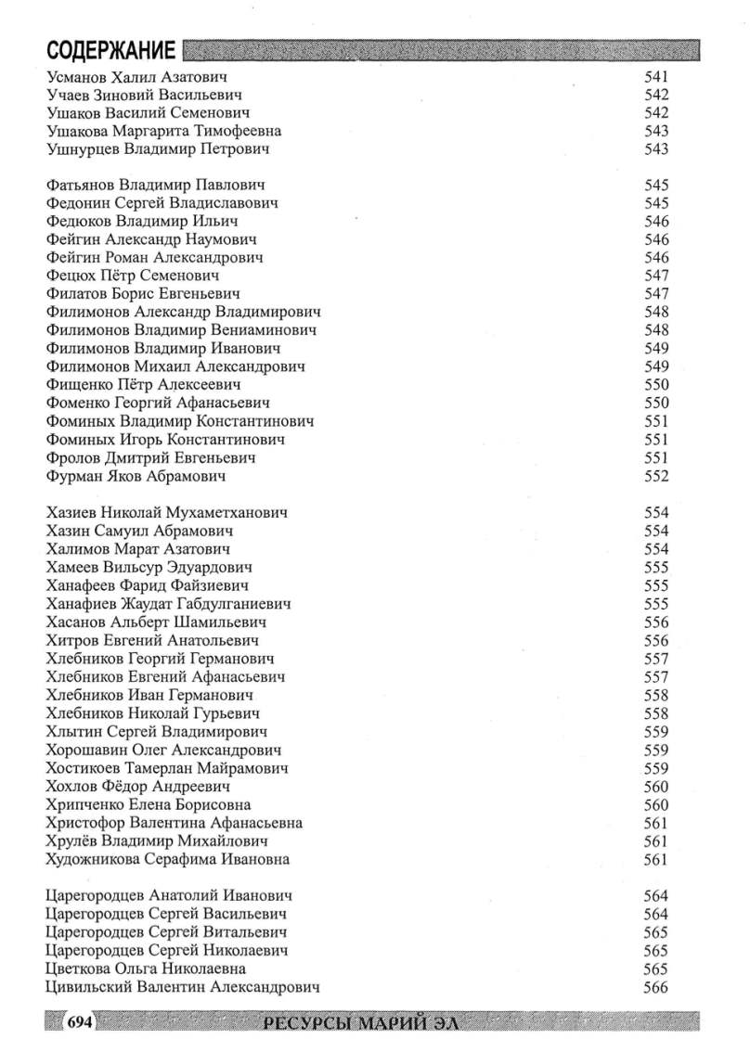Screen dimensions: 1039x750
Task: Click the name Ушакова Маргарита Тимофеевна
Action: pyautogui.click(x=163, y=132)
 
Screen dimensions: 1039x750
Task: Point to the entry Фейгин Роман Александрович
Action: pyautogui.click(x=154, y=257)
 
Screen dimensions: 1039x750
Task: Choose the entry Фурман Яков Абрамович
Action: pyautogui.click(x=136, y=477)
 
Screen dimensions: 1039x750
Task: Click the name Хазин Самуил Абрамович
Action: pyautogui.click(x=139, y=531)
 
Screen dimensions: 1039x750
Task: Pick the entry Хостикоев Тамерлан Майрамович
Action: pyautogui.click(x=166, y=768)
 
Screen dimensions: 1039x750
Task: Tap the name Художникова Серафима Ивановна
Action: pyautogui.click(x=167, y=859)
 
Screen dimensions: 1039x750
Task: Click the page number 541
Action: pyautogui.click(x=656, y=77)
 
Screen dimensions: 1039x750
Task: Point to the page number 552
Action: pyautogui.click(x=656, y=477)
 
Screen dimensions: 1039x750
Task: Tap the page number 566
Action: pyautogui.click(x=656, y=986)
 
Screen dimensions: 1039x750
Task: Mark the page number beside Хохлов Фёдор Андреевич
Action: pyautogui.click(x=656, y=787)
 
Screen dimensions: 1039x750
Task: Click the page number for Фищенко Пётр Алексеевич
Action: pyautogui.click(x=656, y=385)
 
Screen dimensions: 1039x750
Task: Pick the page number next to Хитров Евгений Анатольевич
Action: pyautogui.click(x=656, y=640)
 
